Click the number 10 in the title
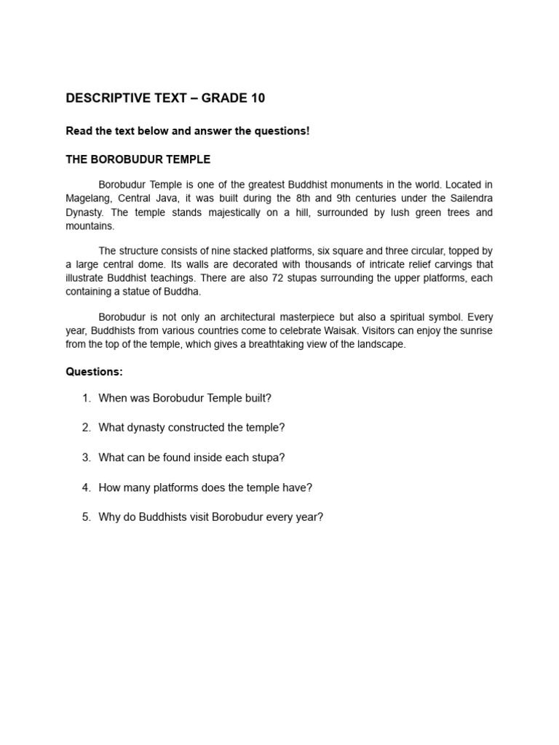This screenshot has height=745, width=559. point(258,98)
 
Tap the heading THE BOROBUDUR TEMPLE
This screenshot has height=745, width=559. point(138,159)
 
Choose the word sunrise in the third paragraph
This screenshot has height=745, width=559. point(475,331)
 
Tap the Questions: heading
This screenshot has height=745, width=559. point(95,372)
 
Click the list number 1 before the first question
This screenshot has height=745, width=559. point(86,398)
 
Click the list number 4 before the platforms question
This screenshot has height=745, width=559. point(86,487)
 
